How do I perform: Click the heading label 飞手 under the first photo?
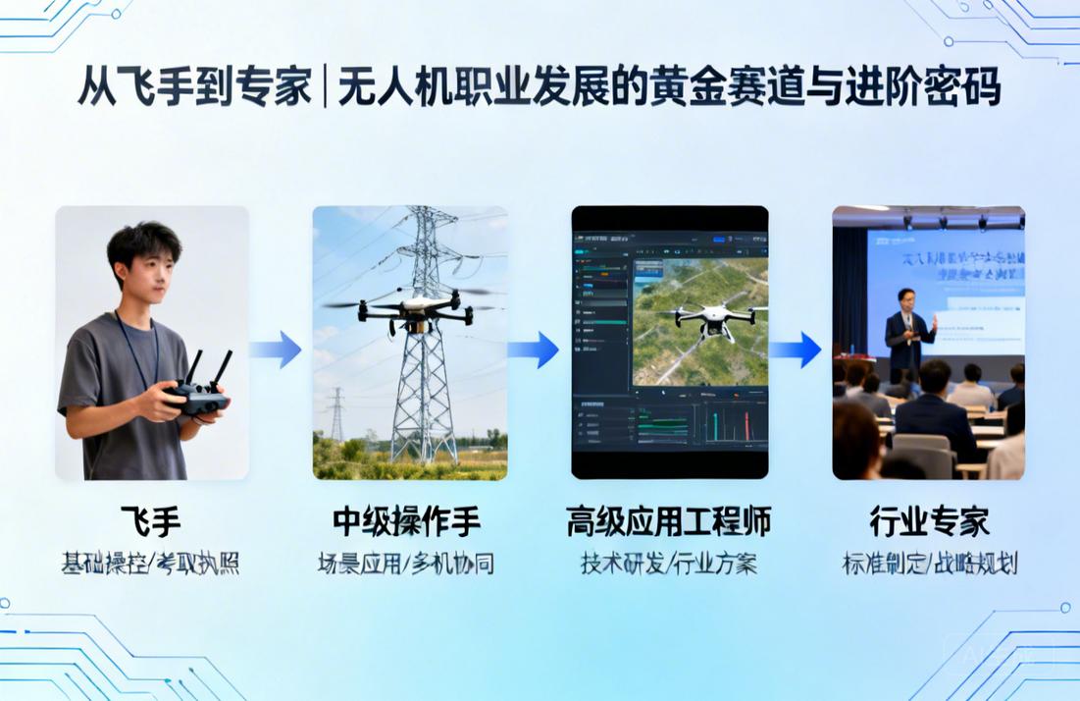150,521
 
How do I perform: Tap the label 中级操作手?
407,521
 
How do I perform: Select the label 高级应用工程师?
668,521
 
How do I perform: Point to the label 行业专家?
928,521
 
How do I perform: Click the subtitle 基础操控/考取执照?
150,565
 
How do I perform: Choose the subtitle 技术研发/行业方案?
668,565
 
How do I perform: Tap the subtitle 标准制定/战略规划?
929,565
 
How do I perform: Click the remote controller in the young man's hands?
199,392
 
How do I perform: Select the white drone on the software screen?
711,318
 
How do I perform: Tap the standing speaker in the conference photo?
907,334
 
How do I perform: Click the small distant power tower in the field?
336,412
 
